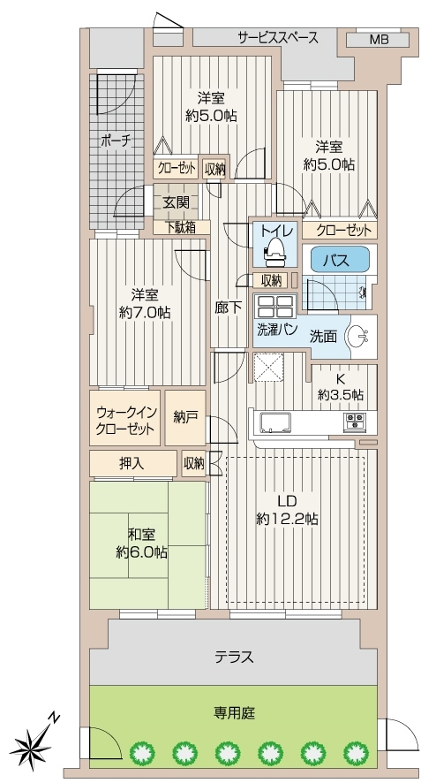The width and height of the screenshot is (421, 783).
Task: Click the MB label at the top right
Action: pos(379,40)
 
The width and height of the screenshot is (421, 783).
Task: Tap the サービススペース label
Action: pos(278,37)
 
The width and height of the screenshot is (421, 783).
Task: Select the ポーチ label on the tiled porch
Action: pos(117,141)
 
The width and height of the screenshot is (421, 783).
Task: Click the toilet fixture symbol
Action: pos(274,247)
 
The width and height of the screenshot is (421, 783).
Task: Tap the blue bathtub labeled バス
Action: pos(335,260)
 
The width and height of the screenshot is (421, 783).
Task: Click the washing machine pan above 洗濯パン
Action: pos(275,306)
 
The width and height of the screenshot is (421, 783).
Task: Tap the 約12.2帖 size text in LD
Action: pos(288,519)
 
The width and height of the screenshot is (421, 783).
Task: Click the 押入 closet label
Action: pos(132,464)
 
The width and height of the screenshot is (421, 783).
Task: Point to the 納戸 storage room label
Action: pos(185,417)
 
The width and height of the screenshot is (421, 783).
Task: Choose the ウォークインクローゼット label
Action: pos(125,420)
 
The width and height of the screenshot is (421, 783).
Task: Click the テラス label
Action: pos(235,657)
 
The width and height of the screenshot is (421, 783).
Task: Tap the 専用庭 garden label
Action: pos(235,712)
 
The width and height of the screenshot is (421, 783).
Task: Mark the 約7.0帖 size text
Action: pos(145,313)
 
